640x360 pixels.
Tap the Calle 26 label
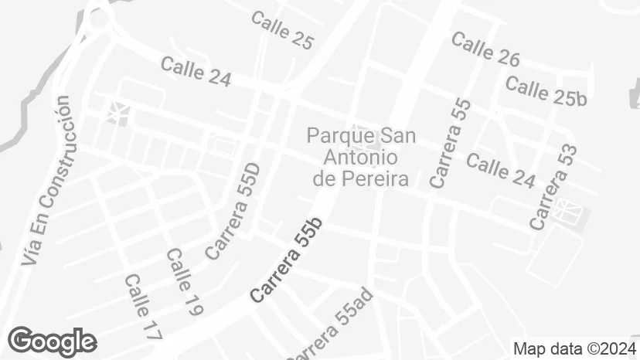coord(485,49)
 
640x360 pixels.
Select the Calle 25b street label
coord(546,90)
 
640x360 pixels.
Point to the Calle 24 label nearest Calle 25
coord(196,70)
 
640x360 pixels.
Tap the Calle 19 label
coord(184,282)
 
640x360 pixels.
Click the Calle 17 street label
coord(142,307)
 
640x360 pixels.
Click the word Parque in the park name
coord(334,136)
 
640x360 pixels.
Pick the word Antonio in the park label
coord(360,158)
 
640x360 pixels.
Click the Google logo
coord(52,341)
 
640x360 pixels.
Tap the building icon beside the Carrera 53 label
coord(567,210)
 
